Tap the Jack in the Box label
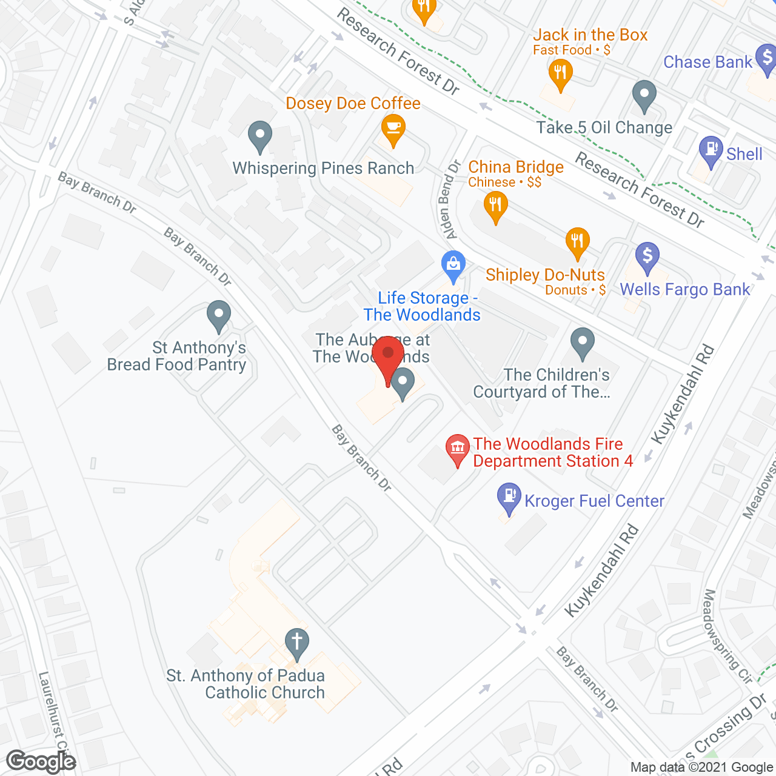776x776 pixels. pyautogui.click(x=590, y=35)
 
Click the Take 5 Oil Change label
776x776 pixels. pyautogui.click(x=604, y=128)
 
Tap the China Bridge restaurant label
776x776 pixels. pyautogui.click(x=516, y=167)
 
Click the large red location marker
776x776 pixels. pyautogui.click(x=388, y=358)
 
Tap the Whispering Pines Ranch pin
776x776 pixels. pyautogui.click(x=260, y=136)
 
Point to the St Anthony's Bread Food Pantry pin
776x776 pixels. pyautogui.click(x=218, y=316)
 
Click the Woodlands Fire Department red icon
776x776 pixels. pyautogui.click(x=458, y=449)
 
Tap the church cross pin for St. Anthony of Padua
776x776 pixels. pyautogui.click(x=296, y=643)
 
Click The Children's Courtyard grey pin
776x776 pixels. pyautogui.click(x=583, y=343)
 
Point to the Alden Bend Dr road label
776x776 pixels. pyautogui.click(x=449, y=199)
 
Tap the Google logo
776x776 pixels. pyautogui.click(x=41, y=761)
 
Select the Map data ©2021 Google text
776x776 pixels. pyautogui.click(x=701, y=768)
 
